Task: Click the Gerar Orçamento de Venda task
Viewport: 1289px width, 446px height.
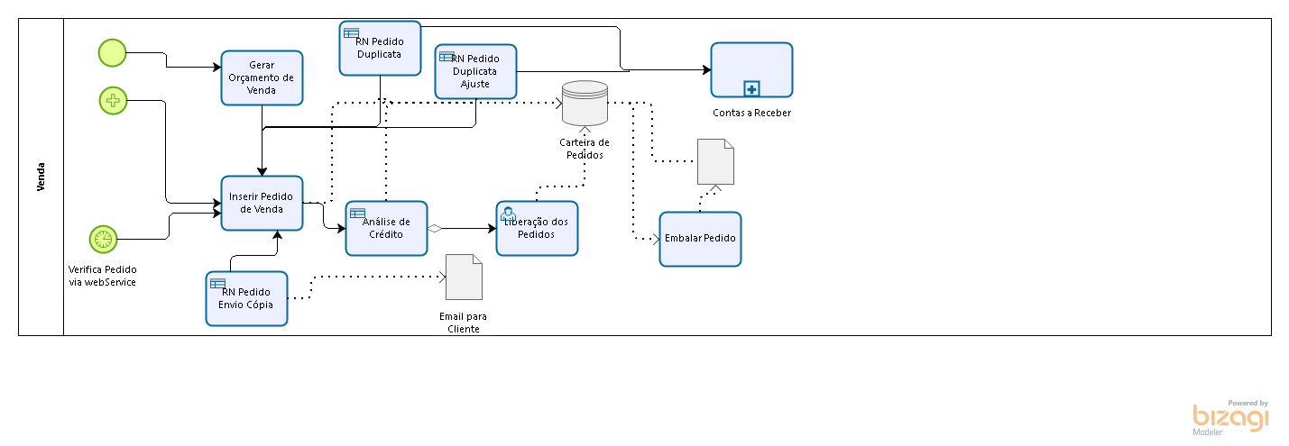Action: tap(262, 77)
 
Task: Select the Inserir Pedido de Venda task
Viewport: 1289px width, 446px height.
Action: tap(262, 203)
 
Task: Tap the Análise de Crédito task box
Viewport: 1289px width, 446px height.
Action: tap(386, 228)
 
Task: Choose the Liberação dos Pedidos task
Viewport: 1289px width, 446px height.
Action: tap(537, 228)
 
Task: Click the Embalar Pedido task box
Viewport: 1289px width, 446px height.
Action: tap(700, 239)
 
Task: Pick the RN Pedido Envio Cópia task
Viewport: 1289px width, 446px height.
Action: tap(246, 299)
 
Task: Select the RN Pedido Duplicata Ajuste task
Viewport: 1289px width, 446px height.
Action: tap(475, 71)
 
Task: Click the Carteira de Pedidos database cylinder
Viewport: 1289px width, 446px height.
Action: tap(585, 103)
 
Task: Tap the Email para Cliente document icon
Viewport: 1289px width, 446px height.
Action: tap(464, 277)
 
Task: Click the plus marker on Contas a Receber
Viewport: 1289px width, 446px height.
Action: tap(751, 88)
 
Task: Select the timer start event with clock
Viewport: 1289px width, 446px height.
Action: tap(103, 239)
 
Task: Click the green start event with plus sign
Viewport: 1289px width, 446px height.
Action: tap(113, 101)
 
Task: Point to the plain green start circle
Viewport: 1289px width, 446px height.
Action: tap(112, 53)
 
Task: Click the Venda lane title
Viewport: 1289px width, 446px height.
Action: tap(41, 177)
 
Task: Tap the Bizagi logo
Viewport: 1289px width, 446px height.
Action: tap(1230, 417)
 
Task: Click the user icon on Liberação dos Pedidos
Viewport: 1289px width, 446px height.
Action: tap(508, 214)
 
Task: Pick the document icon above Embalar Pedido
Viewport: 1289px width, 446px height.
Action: tap(715, 161)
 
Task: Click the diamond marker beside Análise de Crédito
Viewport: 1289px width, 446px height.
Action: tap(435, 228)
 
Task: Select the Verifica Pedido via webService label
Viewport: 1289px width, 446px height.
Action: tap(103, 276)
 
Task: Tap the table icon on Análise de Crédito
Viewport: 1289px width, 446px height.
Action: tap(357, 214)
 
